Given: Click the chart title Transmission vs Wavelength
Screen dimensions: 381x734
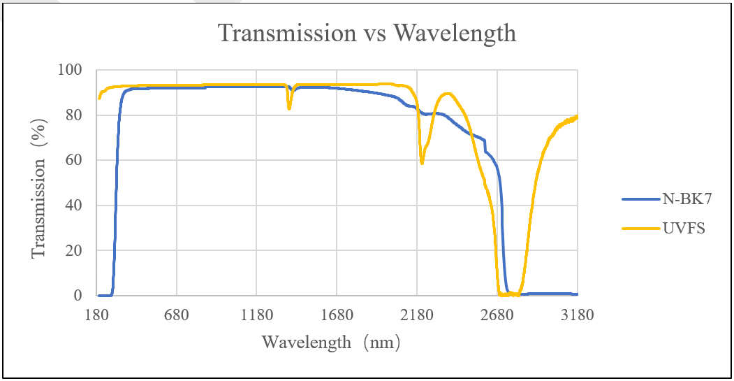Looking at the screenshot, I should coord(367,33).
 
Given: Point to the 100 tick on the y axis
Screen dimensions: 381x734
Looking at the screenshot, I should coord(73,70).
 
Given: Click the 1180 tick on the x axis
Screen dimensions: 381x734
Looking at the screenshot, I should coord(256,315).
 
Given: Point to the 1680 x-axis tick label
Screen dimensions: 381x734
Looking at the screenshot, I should coord(337,315).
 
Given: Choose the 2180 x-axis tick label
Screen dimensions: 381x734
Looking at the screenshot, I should coord(417,315).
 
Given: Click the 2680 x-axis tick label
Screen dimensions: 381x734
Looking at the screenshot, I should coord(497,315).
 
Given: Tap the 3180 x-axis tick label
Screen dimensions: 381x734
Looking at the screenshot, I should coord(577,315).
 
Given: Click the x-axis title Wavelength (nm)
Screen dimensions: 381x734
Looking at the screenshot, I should coord(332,343).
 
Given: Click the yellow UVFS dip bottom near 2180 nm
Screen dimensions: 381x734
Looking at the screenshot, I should coord(422,162).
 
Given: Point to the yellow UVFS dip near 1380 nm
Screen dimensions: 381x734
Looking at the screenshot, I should coord(289,108).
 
